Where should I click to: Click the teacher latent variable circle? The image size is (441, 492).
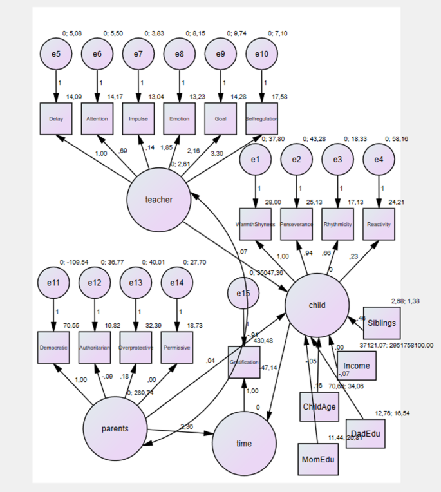(159, 199)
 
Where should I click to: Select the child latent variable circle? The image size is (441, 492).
(317, 305)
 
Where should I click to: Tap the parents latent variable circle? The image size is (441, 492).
(115, 428)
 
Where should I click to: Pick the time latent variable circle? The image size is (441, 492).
(244, 444)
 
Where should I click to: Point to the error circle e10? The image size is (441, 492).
(261, 54)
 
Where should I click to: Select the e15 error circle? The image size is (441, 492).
(243, 294)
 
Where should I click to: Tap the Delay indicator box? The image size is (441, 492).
(55, 118)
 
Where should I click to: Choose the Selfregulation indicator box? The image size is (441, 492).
(261, 118)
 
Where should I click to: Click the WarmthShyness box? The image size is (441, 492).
(256, 225)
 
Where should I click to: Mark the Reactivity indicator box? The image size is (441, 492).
(379, 225)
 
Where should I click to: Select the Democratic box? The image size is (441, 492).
(53, 348)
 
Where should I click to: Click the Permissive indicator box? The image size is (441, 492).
(177, 348)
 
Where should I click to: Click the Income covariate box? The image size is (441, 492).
(356, 366)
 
